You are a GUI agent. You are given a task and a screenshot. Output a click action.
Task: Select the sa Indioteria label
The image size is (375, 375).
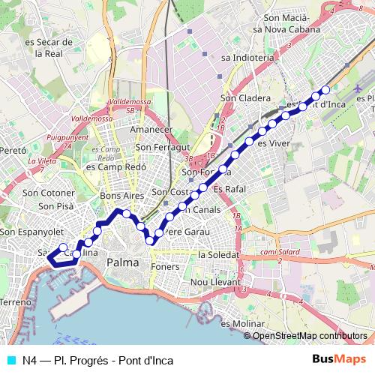click(247, 56)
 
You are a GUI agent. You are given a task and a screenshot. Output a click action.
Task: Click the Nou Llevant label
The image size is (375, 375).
click(214, 282)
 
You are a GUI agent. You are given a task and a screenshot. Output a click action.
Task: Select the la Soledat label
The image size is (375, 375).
click(217, 255)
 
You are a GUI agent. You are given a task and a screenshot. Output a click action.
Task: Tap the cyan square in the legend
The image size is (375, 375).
click(10, 360)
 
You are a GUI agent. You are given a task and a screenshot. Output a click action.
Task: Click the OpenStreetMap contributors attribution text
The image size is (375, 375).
click(309, 336)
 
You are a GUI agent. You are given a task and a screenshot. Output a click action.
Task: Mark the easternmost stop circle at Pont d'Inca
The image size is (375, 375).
click(325, 91)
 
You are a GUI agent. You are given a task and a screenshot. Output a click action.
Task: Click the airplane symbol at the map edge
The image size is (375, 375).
click(360, 89)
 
